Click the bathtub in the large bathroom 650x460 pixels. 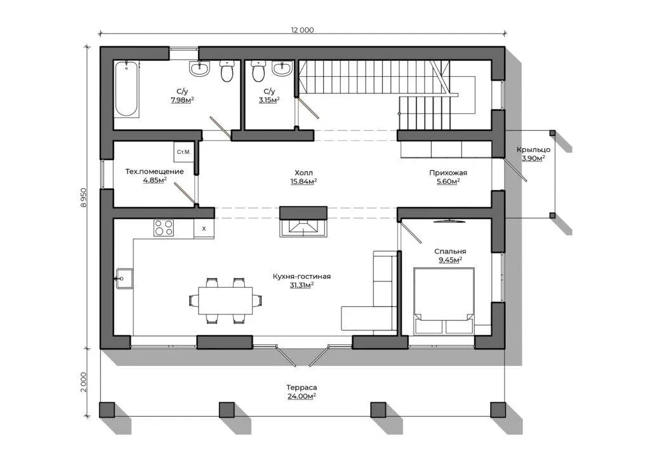pos(126,89)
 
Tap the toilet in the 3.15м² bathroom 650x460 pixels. pos(258,71)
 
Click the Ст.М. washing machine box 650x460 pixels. pos(183,152)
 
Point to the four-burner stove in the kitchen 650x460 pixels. pos(164,227)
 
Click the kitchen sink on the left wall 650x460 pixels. pos(124,278)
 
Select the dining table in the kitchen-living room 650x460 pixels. pos(225,301)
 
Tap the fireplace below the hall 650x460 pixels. pos(303,227)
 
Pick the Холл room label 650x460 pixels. pos(303,173)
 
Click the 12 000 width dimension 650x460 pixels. pos(302,30)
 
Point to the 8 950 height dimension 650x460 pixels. pos(84,198)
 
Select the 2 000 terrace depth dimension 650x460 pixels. pos(84,382)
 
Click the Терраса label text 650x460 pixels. pos(302,388)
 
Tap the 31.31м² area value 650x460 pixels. pos(302,285)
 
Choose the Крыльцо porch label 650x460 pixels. pos(533,150)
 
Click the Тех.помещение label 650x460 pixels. pos(155,172)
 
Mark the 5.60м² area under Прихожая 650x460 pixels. pos(448,181)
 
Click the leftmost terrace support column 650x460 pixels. pos(107,409)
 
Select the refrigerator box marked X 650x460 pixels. pos(204,229)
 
